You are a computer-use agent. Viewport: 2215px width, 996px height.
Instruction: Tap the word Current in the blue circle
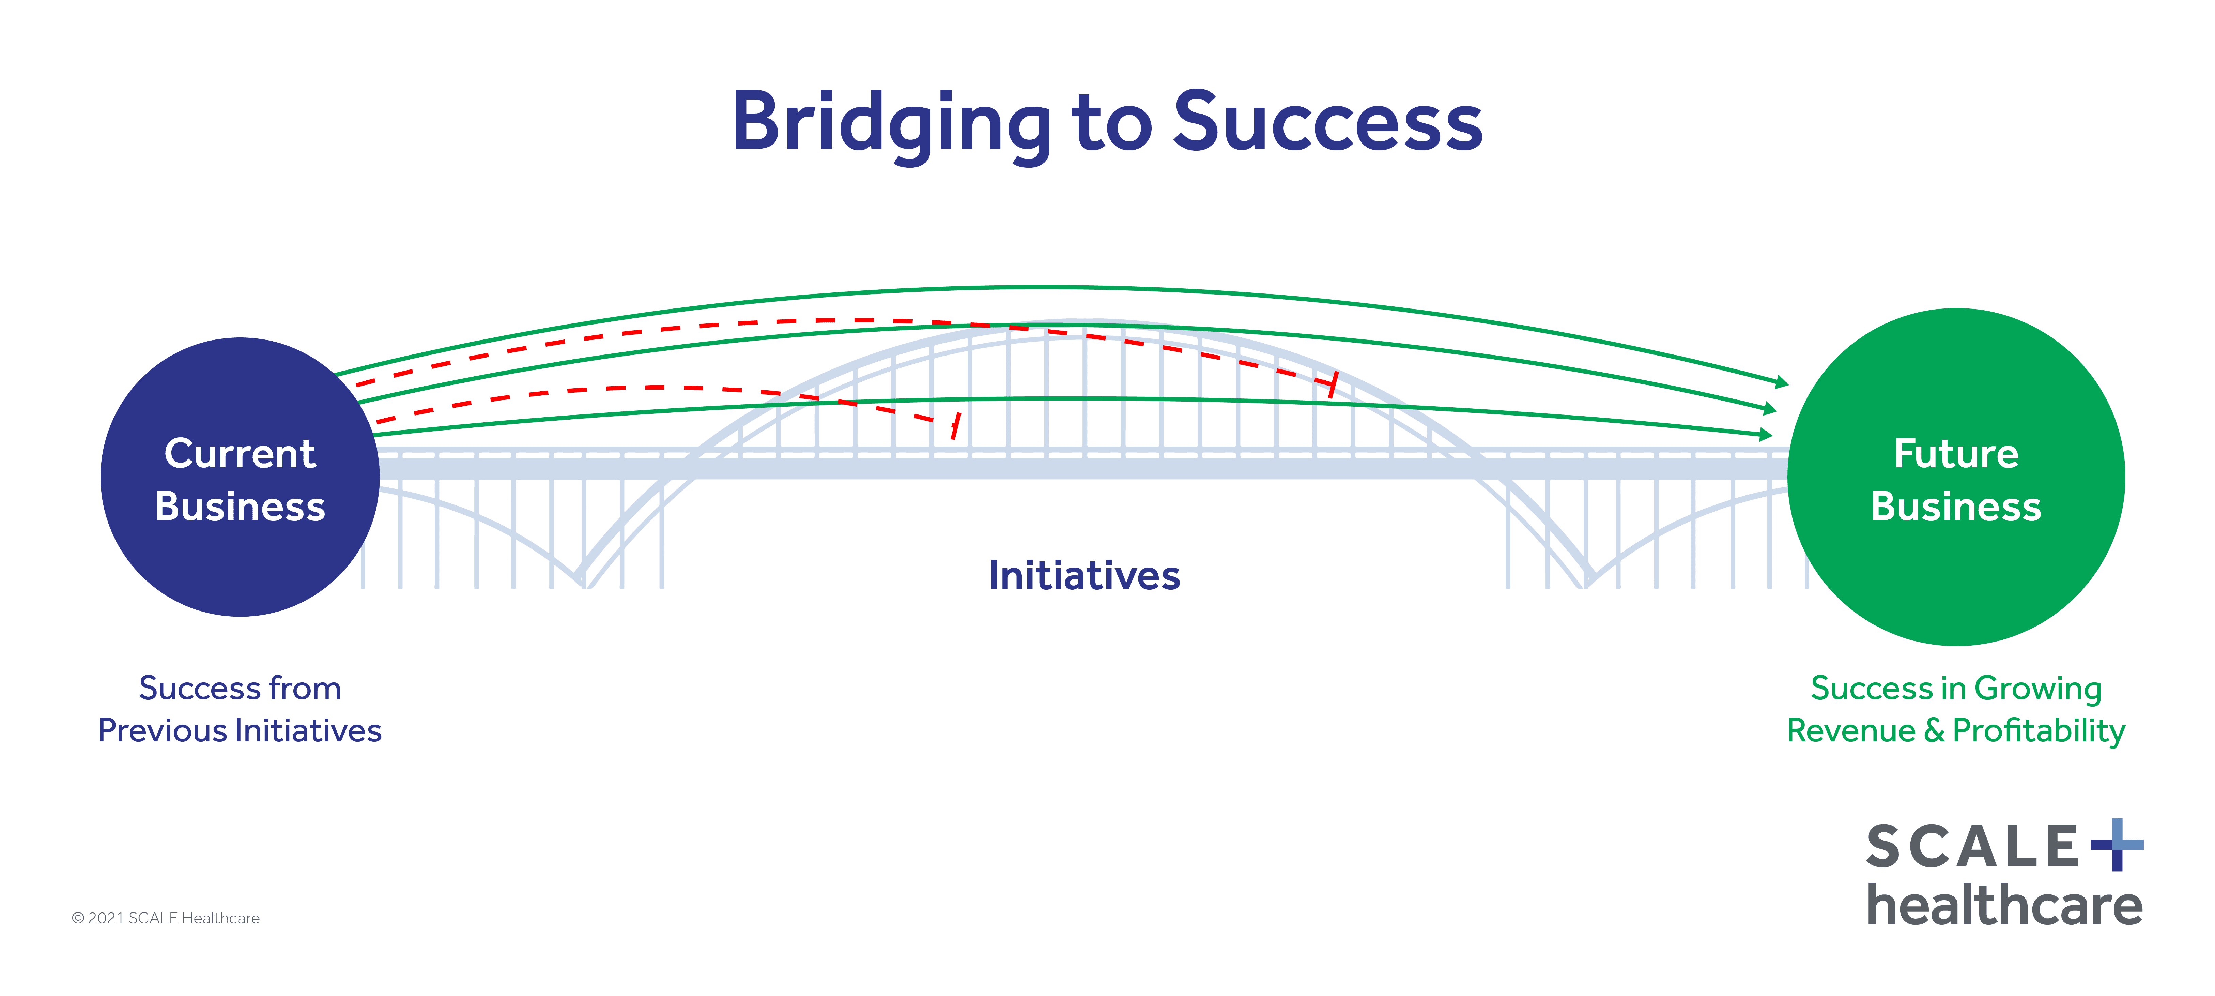point(240,453)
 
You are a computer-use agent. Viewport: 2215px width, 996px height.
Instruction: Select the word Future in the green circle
point(1956,453)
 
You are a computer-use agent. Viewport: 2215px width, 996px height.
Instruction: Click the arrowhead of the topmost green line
point(1782,382)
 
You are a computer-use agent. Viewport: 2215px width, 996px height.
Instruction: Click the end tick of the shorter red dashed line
point(955,425)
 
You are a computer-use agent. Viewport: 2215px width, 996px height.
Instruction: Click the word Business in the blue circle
point(240,507)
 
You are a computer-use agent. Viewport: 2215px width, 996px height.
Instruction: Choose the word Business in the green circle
point(1956,507)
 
